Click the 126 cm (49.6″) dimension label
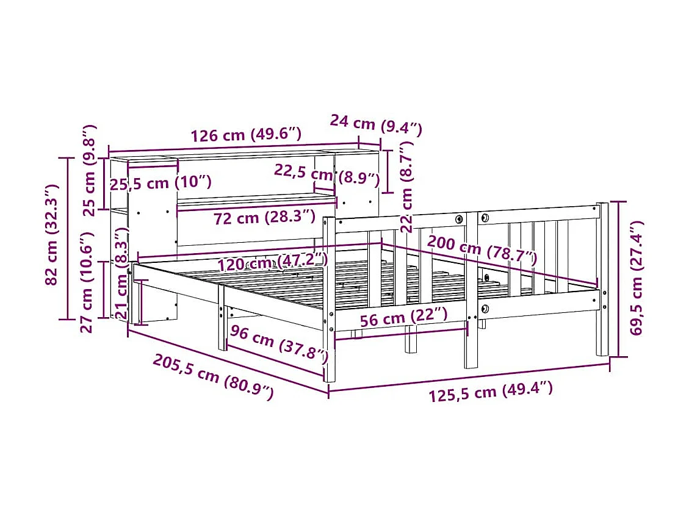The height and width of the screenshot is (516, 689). (x=245, y=135)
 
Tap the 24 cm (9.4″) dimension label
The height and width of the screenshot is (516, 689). (x=376, y=124)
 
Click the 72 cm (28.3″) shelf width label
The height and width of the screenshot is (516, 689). (x=264, y=218)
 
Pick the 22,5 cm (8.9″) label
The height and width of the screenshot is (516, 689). (x=326, y=175)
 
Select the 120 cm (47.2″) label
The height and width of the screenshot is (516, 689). (x=273, y=262)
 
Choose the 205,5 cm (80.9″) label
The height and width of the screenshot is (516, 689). (x=212, y=377)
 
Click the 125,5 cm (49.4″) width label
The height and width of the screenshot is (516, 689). (x=491, y=391)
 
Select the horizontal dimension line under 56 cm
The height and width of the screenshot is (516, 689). (x=401, y=331)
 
